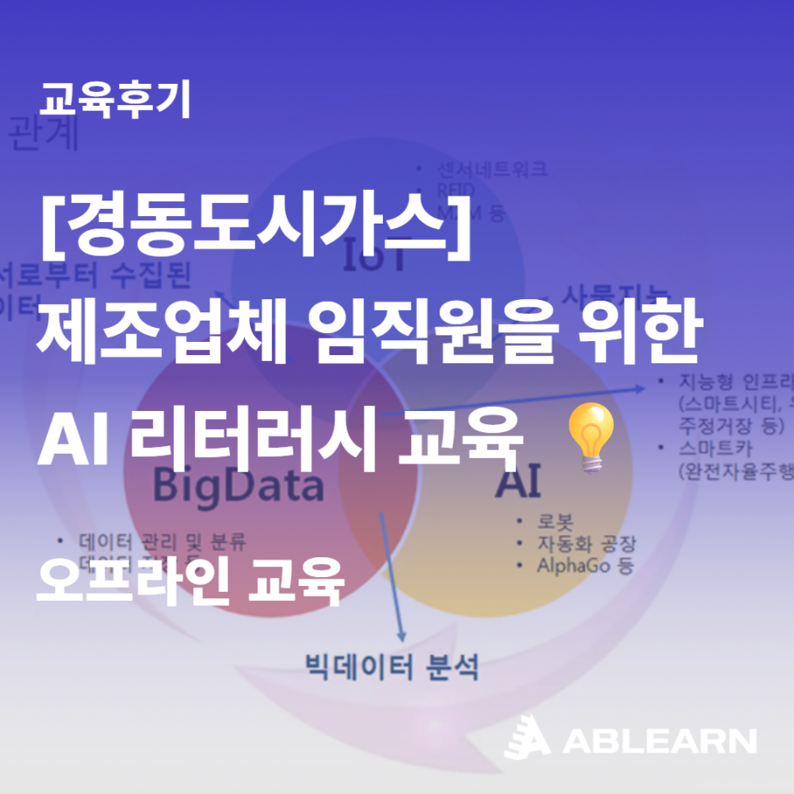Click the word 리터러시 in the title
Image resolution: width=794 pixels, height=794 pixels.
point(251,441)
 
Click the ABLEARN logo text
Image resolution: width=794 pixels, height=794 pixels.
point(658,741)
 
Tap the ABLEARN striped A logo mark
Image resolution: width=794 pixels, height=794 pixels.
point(527,737)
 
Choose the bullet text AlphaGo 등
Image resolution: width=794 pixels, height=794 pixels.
point(584,565)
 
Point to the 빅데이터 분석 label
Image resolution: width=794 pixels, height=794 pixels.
point(391,665)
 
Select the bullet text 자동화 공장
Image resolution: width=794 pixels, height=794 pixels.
point(587,544)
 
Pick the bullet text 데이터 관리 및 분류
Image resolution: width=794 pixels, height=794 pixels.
point(162,542)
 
